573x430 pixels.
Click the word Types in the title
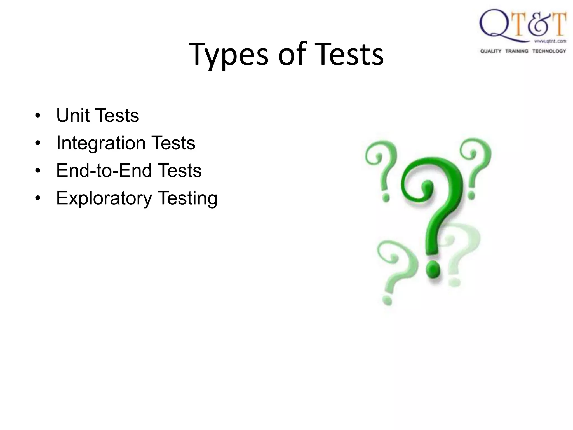[228, 55]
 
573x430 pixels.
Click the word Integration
[101, 143]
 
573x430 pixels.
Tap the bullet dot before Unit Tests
[38, 116]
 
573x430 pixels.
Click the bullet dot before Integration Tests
[38, 143]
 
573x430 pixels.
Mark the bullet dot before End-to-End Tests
[38, 171]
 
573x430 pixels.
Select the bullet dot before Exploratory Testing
[38, 198]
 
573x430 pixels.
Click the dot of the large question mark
[433, 269]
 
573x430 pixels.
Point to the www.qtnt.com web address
[550, 41]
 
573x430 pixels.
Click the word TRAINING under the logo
[516, 51]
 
